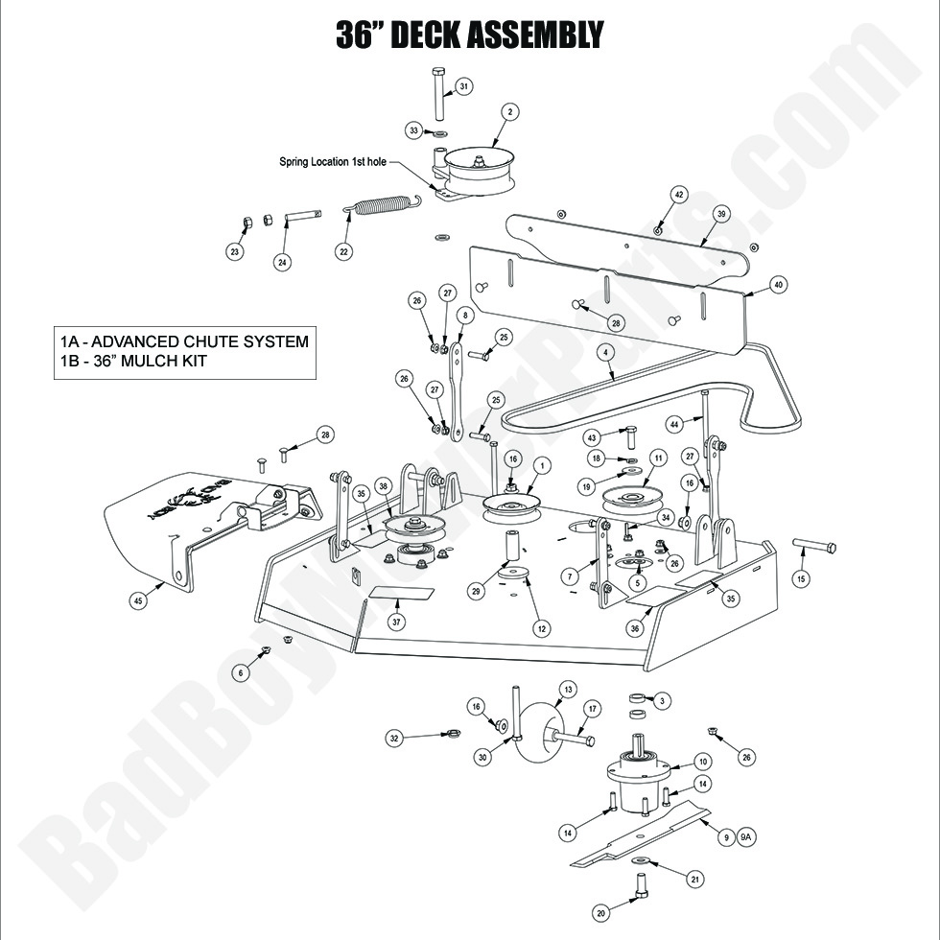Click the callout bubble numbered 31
tap(463, 87)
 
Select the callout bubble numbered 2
tap(510, 112)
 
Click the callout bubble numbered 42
tap(679, 194)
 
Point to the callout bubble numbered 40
tap(777, 284)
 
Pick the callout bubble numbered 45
tap(138, 600)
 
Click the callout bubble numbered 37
tap(395, 622)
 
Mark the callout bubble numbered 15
tap(802, 579)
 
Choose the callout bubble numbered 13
tap(568, 690)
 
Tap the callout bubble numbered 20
tap(601, 913)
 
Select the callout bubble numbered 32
tap(393, 739)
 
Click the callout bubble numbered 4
tap(604, 352)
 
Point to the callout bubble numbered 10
tap(703, 763)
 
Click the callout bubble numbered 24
tap(282, 261)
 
